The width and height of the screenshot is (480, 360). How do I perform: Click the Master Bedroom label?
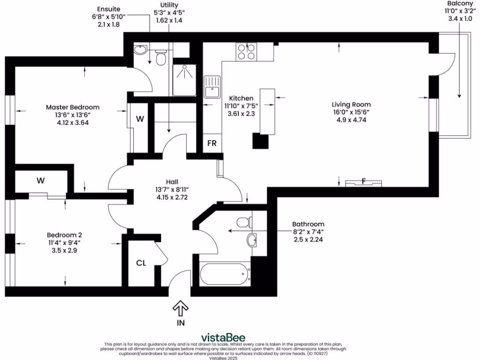72,107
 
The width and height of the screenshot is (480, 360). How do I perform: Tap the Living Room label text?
351,105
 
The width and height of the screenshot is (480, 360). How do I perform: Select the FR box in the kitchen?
212,143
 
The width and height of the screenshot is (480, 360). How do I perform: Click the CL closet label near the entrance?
141,263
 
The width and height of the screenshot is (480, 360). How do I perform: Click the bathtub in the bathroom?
225,274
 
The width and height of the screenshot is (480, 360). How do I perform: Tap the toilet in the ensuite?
160,58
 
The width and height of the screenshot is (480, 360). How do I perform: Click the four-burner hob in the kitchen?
247,51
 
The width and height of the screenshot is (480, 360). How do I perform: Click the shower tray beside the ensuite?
184,79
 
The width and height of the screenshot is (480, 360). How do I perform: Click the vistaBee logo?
223,337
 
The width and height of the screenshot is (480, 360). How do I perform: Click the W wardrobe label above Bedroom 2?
41,180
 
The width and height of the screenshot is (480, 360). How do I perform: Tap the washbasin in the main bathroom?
252,240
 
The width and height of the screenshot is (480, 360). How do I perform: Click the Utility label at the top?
169,5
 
